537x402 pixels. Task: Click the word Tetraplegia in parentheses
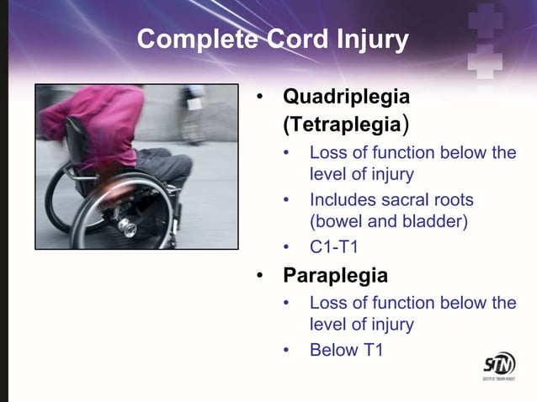(x=341, y=125)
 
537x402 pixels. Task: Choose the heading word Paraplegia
(x=335, y=275)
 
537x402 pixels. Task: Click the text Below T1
(x=346, y=350)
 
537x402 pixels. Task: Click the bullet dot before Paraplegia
(x=263, y=276)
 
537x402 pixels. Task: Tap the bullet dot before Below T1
(x=288, y=351)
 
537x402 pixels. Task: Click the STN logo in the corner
(x=498, y=366)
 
